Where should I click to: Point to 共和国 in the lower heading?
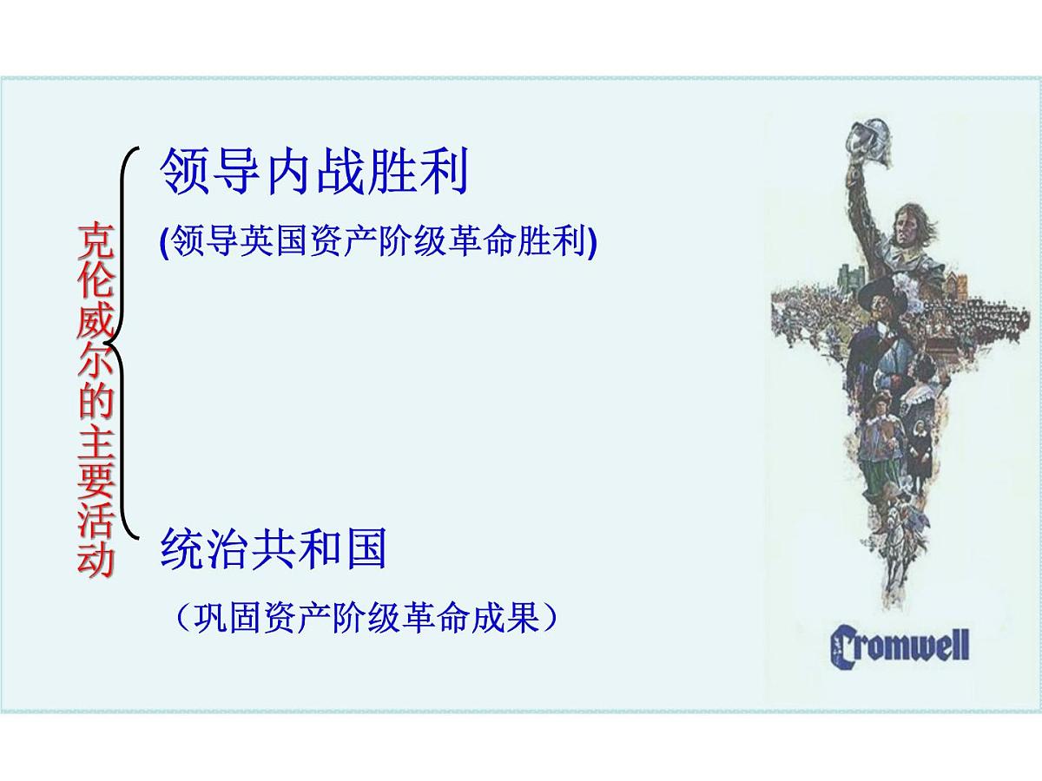[x=319, y=548]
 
